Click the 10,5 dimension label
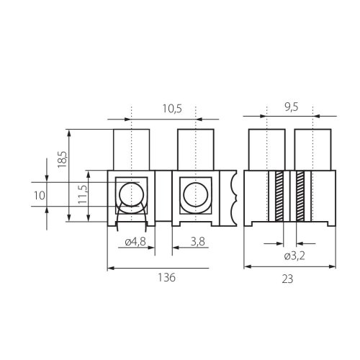(x=172, y=109)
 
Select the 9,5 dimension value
(x=292, y=107)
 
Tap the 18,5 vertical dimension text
(x=62, y=159)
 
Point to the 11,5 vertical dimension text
(x=83, y=194)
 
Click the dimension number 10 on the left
(x=39, y=196)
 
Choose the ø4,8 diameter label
(x=135, y=242)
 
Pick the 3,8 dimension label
(x=198, y=242)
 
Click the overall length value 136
(x=166, y=277)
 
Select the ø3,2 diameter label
(x=294, y=256)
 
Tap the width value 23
(x=287, y=279)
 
